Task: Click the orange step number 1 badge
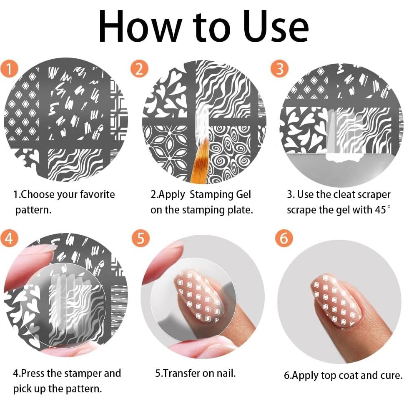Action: [x=9, y=69]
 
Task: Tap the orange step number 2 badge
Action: [x=139, y=69]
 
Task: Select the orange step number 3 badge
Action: [x=279, y=69]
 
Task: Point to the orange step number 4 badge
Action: [x=9, y=238]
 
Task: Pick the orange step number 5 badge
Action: [x=141, y=238]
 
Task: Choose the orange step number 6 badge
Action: [x=284, y=238]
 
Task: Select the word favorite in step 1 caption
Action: [x=98, y=194]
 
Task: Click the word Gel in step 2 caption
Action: [x=243, y=194]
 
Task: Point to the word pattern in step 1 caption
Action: [x=33, y=210]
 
